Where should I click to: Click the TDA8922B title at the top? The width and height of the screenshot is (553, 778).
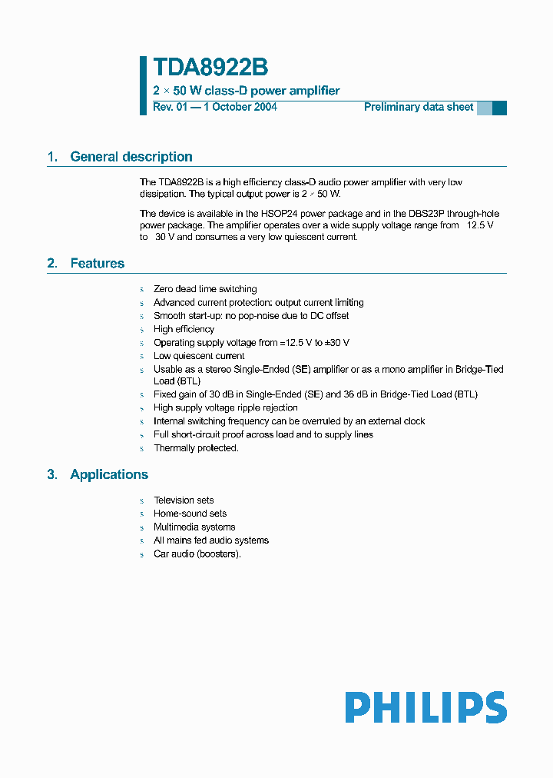tap(210, 68)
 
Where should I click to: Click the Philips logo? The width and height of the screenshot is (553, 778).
tap(426, 707)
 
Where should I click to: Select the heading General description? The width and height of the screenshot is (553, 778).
tap(131, 157)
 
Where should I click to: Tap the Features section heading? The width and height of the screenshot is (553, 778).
tap(97, 264)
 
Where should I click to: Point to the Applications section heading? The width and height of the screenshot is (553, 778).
tap(109, 474)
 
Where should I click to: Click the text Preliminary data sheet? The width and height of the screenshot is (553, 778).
tap(419, 107)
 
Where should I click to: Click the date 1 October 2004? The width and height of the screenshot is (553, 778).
tap(240, 107)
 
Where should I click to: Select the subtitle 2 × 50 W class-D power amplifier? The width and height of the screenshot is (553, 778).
tap(246, 91)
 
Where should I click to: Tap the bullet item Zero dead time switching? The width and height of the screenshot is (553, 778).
tap(205, 289)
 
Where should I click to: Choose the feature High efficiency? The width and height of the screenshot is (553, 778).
tap(184, 329)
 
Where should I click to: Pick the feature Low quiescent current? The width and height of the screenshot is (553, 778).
tap(199, 356)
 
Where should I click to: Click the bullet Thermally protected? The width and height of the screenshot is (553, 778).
tap(196, 448)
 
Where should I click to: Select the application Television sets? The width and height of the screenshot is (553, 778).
tap(184, 500)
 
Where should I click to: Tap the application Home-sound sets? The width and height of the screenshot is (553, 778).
tap(190, 514)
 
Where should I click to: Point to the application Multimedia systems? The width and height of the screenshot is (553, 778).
tap(194, 527)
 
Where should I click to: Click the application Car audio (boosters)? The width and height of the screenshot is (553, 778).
tap(197, 554)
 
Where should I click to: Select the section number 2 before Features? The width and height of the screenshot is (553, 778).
tap(51, 264)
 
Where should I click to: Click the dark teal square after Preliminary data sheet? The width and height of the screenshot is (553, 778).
tap(499, 108)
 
